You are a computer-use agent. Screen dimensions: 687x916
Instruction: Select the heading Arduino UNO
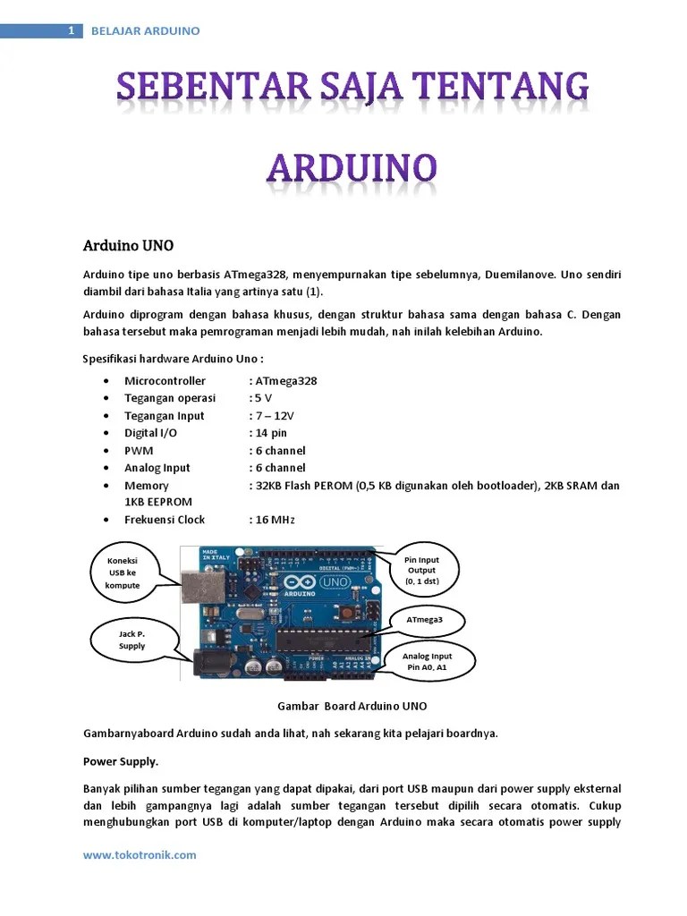click(x=129, y=245)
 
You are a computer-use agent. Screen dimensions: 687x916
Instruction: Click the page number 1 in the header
click(x=71, y=31)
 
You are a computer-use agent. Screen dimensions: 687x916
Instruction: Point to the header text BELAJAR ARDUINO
click(x=146, y=31)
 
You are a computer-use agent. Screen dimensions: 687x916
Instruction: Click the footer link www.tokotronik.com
click(x=140, y=854)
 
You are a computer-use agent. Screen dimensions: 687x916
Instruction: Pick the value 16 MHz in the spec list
click(x=274, y=520)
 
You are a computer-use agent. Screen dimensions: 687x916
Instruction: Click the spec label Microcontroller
click(x=165, y=381)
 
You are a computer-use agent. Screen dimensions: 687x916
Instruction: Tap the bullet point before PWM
click(x=107, y=451)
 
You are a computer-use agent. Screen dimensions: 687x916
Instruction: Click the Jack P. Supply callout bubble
click(x=131, y=640)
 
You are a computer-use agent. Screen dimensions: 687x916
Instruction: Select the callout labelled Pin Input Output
click(x=421, y=570)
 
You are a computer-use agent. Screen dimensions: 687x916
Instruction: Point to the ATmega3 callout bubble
click(x=424, y=619)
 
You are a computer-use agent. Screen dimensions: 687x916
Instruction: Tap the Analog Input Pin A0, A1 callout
click(x=427, y=662)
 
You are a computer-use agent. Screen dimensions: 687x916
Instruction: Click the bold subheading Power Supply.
click(x=121, y=761)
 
